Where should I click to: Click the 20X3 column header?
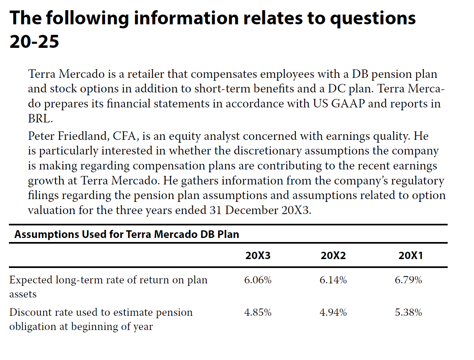258,256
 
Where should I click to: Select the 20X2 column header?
333,256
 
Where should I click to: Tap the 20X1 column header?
410,256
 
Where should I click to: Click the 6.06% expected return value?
258,280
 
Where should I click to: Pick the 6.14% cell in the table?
333,280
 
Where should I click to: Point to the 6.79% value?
408,280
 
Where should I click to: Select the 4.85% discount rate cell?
258,312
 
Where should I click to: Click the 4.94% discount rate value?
333,312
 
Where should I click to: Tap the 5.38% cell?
408,312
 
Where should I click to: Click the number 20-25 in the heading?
34,41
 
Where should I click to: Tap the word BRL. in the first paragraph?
41,119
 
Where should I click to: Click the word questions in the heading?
373,19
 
